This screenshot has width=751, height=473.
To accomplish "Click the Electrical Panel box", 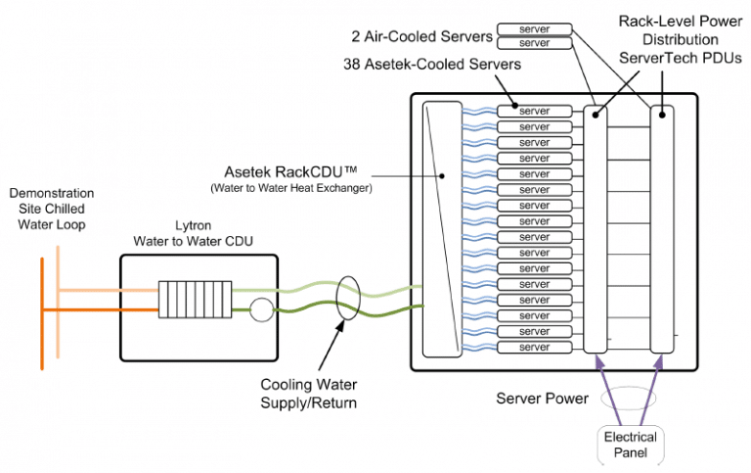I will point(630,444).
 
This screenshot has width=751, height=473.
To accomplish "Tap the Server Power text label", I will point(541,398).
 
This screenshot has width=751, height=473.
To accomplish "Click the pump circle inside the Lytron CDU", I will point(261,309).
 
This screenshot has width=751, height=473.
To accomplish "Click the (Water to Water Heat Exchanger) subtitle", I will point(292,187).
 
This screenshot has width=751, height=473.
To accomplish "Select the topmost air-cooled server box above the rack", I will point(534,29).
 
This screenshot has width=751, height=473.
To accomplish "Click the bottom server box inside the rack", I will point(534,348).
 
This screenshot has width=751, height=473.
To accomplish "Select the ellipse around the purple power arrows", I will point(630,402).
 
